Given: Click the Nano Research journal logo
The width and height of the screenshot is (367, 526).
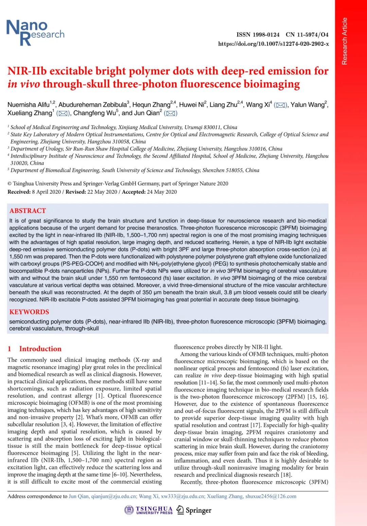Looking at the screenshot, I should point(35,32).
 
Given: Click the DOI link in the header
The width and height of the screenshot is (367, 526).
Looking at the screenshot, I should point(273,44).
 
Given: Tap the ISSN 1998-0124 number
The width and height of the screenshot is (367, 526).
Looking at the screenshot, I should point(258,35).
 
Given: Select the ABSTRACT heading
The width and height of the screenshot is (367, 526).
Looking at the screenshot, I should point(28,211).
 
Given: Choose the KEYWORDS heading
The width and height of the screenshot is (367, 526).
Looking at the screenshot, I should point(29,312).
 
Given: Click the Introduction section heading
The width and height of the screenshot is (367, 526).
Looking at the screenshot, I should point(40,349).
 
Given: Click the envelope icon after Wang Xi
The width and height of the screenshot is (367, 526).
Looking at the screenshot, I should point(280,105).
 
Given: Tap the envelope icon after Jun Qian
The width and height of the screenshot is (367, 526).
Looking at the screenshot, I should point(171,113).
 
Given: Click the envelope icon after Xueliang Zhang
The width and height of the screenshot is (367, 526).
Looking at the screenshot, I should point(63,113).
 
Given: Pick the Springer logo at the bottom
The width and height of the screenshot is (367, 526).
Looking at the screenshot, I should point(194,510).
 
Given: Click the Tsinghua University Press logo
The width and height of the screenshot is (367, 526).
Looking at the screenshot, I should point(149,510).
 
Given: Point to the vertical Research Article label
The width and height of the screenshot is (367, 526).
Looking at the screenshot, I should point(345,41).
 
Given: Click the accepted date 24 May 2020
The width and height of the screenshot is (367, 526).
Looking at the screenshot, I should point(162,192).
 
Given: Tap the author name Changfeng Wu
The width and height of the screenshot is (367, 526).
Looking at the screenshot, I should point(94,113).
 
